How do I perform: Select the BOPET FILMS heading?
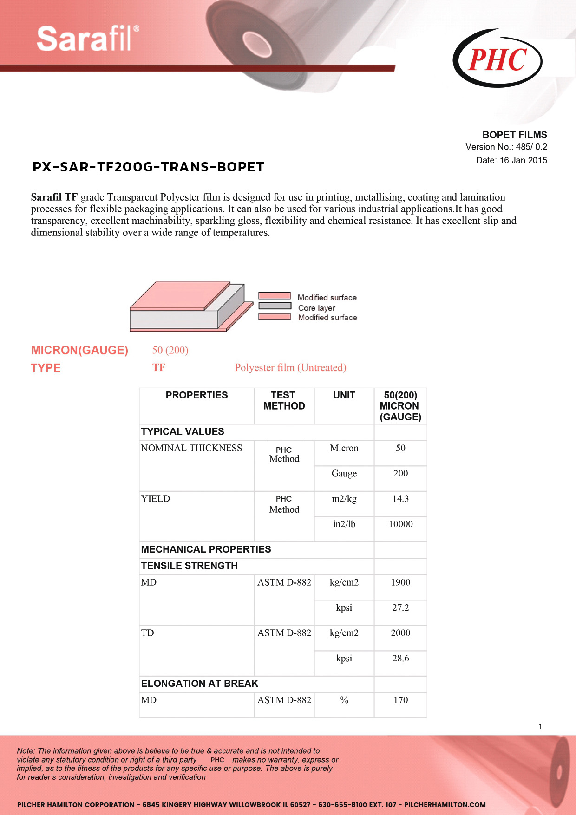click(x=514, y=135)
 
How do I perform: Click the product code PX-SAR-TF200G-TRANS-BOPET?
click(x=148, y=167)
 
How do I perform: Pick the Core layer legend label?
click(x=316, y=308)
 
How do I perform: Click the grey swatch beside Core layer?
click(x=275, y=306)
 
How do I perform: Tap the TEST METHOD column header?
click(x=284, y=400)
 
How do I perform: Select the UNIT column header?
click(x=344, y=395)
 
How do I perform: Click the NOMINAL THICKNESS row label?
click(x=191, y=448)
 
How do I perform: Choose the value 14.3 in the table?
click(x=400, y=499)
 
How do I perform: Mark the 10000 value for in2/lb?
click(x=400, y=524)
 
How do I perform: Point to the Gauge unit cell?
click(x=344, y=473)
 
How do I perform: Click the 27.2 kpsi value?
click(x=400, y=607)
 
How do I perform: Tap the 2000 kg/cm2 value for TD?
click(x=400, y=632)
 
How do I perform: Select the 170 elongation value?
click(x=400, y=700)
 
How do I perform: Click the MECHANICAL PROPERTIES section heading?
click(x=206, y=549)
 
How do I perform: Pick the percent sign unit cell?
click(x=344, y=700)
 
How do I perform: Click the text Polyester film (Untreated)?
click(x=290, y=368)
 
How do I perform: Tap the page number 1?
click(x=540, y=726)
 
